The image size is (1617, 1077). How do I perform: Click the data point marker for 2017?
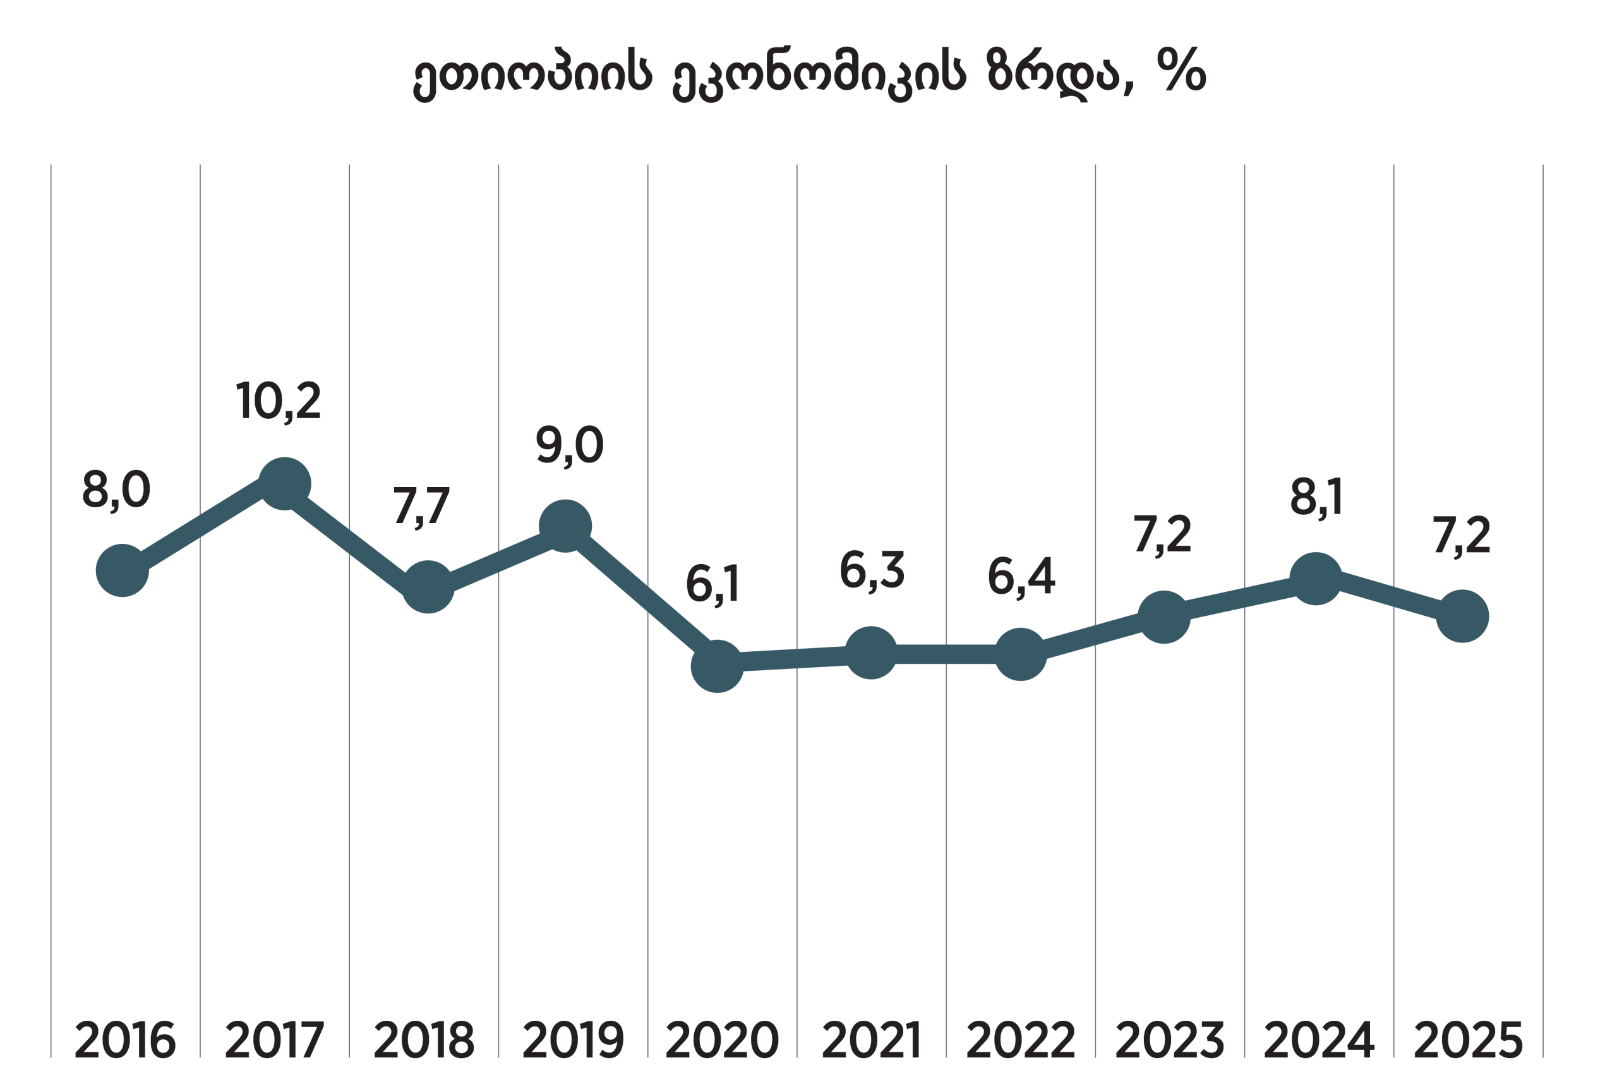pyautogui.click(x=284, y=484)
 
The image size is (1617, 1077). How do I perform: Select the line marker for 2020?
pyautogui.click(x=717, y=666)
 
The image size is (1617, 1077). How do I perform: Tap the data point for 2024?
pyautogui.click(x=1315, y=579)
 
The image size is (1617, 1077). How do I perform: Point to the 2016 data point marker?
pyautogui.click(x=122, y=570)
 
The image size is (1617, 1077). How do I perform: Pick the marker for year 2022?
pyautogui.click(x=1020, y=654)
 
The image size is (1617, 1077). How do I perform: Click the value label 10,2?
pyautogui.click(x=278, y=400)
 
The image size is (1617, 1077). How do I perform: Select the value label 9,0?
pyautogui.click(x=569, y=445)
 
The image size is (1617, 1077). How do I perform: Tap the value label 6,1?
pyautogui.click(x=712, y=584)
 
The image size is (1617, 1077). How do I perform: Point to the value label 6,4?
pyautogui.click(x=1021, y=575)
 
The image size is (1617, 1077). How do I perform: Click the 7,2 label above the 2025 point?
pyautogui.click(x=1461, y=534)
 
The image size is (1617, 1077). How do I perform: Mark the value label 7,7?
pyautogui.click(x=421, y=505)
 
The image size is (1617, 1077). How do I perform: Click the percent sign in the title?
pyautogui.click(x=1181, y=69)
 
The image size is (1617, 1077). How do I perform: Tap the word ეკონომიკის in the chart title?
pyautogui.click(x=819, y=72)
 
